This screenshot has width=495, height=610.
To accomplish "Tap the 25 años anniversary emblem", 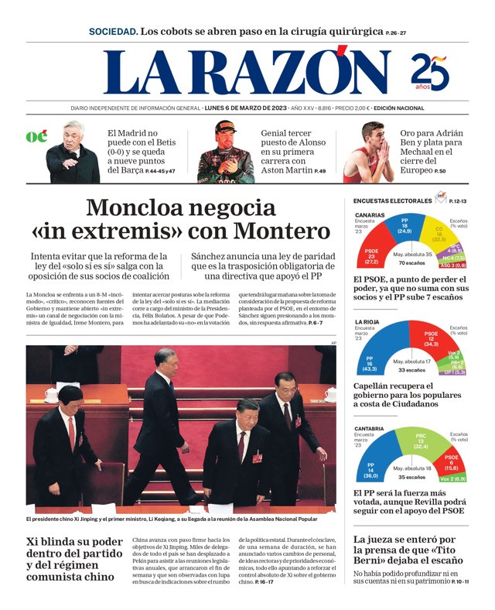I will pos(430,72).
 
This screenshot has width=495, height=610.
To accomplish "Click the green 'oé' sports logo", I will pos(36,136).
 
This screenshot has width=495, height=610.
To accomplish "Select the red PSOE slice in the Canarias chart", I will pos(372,255).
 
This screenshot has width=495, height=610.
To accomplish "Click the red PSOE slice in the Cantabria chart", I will pos(450,466).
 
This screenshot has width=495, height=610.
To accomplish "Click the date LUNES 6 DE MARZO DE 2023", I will pos(245,108).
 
